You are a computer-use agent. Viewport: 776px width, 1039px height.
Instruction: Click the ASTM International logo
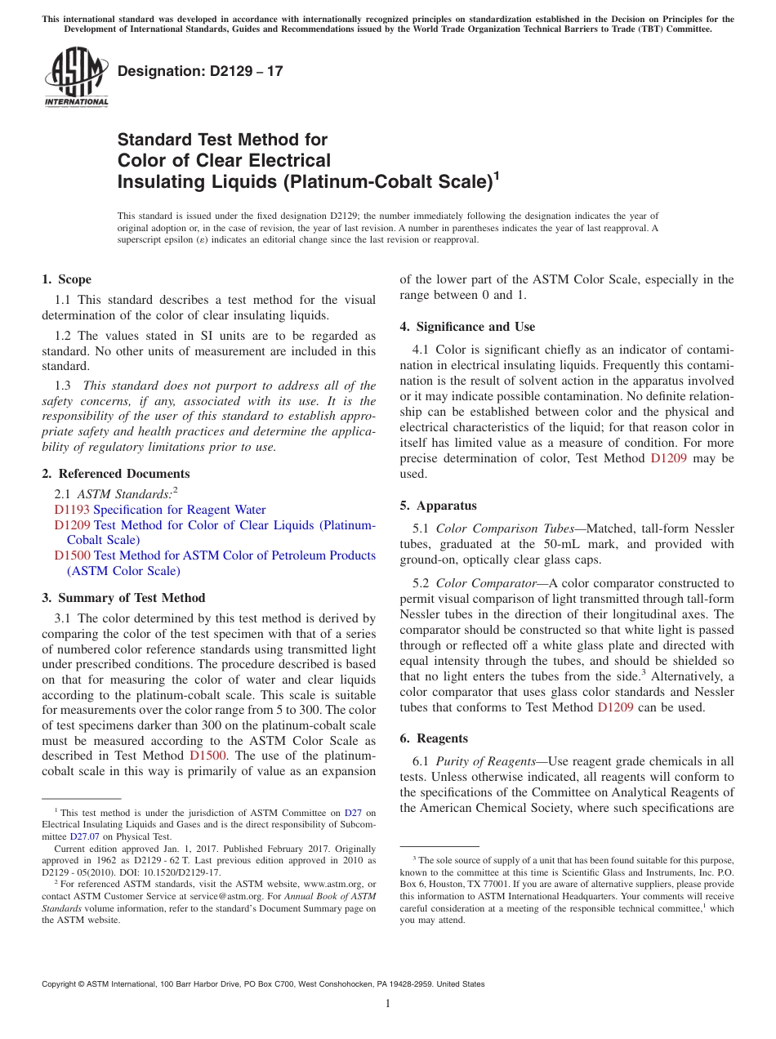pos(76,77)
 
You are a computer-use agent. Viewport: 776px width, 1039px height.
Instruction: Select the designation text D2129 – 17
pos(200,71)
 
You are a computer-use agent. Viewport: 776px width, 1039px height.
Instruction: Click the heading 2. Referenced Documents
pos(115,474)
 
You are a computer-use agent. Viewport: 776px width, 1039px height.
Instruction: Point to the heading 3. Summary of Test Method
pos(123,598)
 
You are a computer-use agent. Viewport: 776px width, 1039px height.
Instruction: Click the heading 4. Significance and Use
pos(467,327)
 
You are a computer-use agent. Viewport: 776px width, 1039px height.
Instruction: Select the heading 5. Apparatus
pos(438,506)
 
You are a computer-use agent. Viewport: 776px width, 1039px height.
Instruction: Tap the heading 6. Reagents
pos(433,738)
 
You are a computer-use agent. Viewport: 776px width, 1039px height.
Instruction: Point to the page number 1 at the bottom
pos(388,1004)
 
